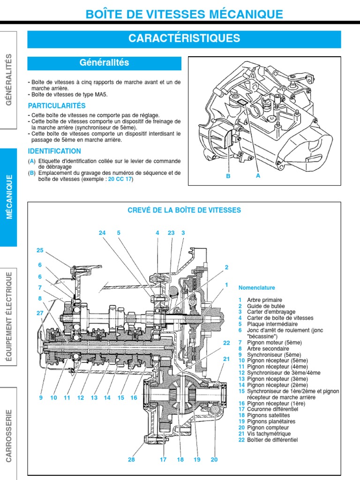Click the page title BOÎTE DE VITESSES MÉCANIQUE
coord(184,14)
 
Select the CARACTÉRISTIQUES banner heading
coord(184,38)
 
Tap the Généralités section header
coord(104,62)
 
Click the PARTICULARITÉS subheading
coord(57,105)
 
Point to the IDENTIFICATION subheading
coord(54,151)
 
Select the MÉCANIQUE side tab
coord(9,197)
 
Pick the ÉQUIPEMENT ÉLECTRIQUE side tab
coord(9,316)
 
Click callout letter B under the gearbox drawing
coord(228,176)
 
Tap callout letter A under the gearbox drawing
coord(258,176)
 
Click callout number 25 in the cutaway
coord(40,250)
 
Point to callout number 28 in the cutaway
coord(131,459)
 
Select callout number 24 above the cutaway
coord(102,232)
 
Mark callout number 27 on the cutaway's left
coord(40,313)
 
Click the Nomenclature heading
coord(256,288)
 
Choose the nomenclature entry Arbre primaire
coord(264,300)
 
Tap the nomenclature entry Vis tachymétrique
coord(269,434)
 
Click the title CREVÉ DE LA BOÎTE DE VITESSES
coord(184,210)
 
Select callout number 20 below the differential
coord(214,459)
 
